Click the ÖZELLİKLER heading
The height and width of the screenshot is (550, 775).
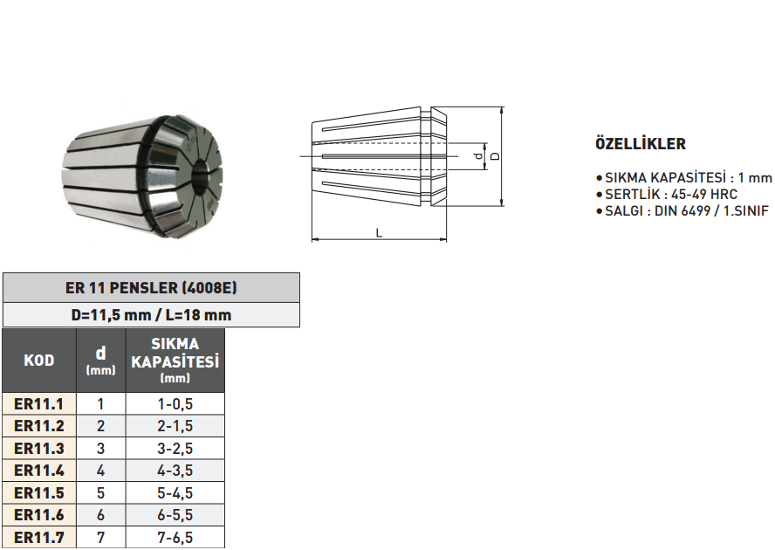pos(640,144)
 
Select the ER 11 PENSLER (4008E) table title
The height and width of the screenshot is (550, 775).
pos(151,287)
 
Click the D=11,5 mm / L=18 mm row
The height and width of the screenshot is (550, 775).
pos(151,315)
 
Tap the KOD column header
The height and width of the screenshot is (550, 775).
pos(39,360)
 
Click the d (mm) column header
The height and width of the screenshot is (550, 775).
pos(100,360)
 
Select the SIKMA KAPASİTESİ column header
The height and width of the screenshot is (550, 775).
pos(175,360)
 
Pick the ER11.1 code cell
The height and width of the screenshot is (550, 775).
pos(39,403)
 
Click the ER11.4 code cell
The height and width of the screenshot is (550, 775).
pos(39,471)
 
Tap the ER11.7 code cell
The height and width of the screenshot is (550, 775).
pos(39,537)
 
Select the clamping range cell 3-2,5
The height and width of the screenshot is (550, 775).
pos(175,448)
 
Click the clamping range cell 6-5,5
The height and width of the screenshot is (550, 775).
pos(175,515)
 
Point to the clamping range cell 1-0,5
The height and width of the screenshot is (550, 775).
pos(175,403)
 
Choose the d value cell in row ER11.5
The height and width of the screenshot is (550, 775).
pos(100,492)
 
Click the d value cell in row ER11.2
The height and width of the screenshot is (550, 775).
pos(100,426)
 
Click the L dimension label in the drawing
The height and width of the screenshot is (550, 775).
pos(378,232)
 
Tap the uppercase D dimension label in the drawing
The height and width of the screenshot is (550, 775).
pos(494,156)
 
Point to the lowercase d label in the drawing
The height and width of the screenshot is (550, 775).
pos(477,156)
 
